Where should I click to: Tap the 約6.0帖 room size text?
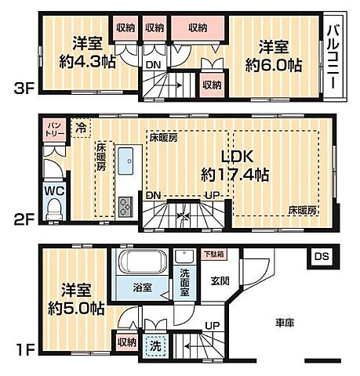[x=272, y=57]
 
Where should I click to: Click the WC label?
[x=53, y=190]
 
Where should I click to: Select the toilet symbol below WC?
[x=53, y=208]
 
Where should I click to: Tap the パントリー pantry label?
[x=55, y=127]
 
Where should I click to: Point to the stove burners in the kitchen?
[x=127, y=206]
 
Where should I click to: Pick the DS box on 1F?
[x=322, y=256]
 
